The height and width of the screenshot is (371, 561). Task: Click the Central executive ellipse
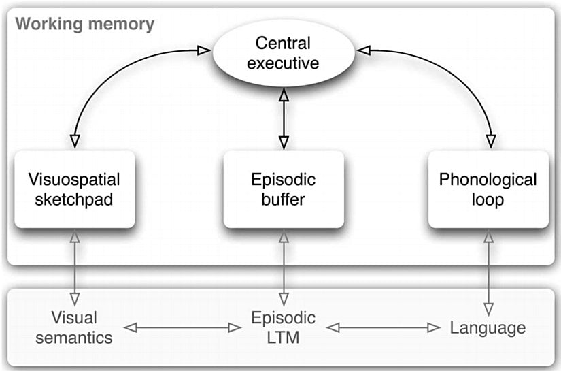(284, 54)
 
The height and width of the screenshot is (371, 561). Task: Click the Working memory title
(85, 25)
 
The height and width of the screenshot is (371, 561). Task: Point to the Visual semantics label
(74, 327)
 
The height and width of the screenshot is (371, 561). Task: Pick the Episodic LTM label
(284, 327)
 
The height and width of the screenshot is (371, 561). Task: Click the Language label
(488, 327)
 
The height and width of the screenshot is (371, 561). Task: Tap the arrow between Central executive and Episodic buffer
(284, 118)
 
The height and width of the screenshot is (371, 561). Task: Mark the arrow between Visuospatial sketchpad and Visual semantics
(74, 266)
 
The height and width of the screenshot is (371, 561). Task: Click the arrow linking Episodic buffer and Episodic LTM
(284, 266)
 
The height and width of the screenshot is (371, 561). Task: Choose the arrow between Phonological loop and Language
(488, 266)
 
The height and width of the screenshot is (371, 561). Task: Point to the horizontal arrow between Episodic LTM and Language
(384, 328)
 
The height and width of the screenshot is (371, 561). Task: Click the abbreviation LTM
(284, 337)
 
